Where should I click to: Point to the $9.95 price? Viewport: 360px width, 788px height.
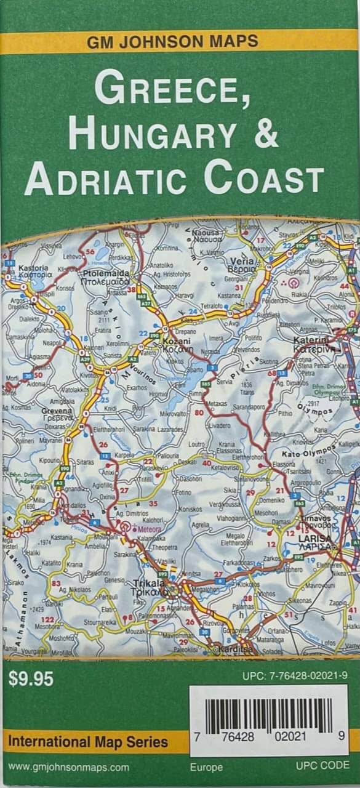pyautogui.click(x=31, y=679)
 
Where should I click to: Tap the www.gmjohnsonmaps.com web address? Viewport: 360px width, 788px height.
pyautogui.click(x=69, y=767)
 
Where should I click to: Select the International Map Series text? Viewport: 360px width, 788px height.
pyautogui.click(x=88, y=742)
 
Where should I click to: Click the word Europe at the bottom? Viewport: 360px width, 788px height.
pyautogui.click(x=206, y=767)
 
